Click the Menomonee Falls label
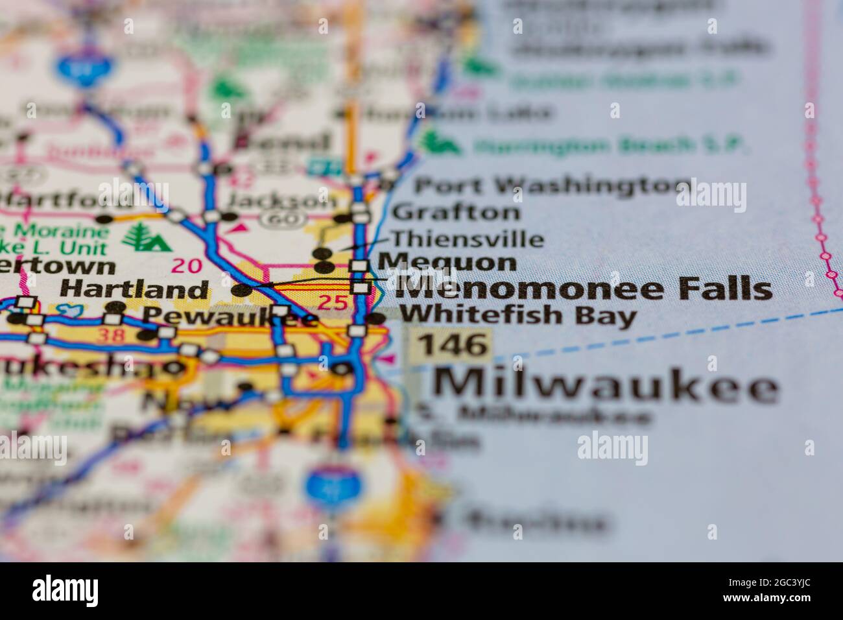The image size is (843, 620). pyautogui.click(x=584, y=289)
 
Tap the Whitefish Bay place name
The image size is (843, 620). pyautogui.click(x=518, y=316)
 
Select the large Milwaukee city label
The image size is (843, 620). pyautogui.click(x=606, y=386)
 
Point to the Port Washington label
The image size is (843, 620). pyautogui.click(x=552, y=187)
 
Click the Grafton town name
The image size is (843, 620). pyautogui.click(x=456, y=212)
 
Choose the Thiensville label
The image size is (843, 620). pyautogui.click(x=467, y=239)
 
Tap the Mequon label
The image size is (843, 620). pyautogui.click(x=447, y=263)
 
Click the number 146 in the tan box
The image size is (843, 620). pyautogui.click(x=452, y=344)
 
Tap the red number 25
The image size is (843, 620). pyautogui.click(x=333, y=302)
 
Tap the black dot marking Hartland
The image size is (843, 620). pyautogui.click(x=242, y=289)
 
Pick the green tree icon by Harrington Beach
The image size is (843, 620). pyautogui.click(x=440, y=142)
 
